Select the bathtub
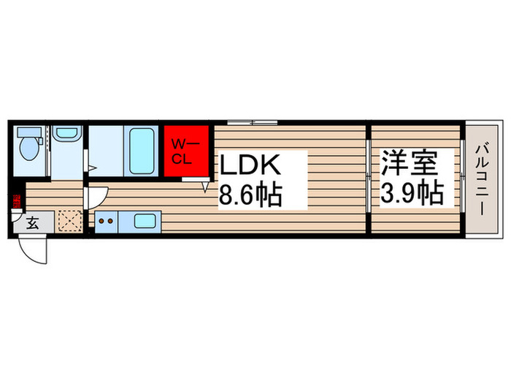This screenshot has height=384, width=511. [141, 151]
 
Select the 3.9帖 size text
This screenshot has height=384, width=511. [412, 194]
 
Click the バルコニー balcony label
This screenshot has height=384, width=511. [482, 180]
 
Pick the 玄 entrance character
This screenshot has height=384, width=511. [33, 224]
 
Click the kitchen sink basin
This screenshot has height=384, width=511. [145, 222]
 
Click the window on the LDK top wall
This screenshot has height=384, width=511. [252, 122]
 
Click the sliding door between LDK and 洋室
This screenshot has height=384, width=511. [369, 180]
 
